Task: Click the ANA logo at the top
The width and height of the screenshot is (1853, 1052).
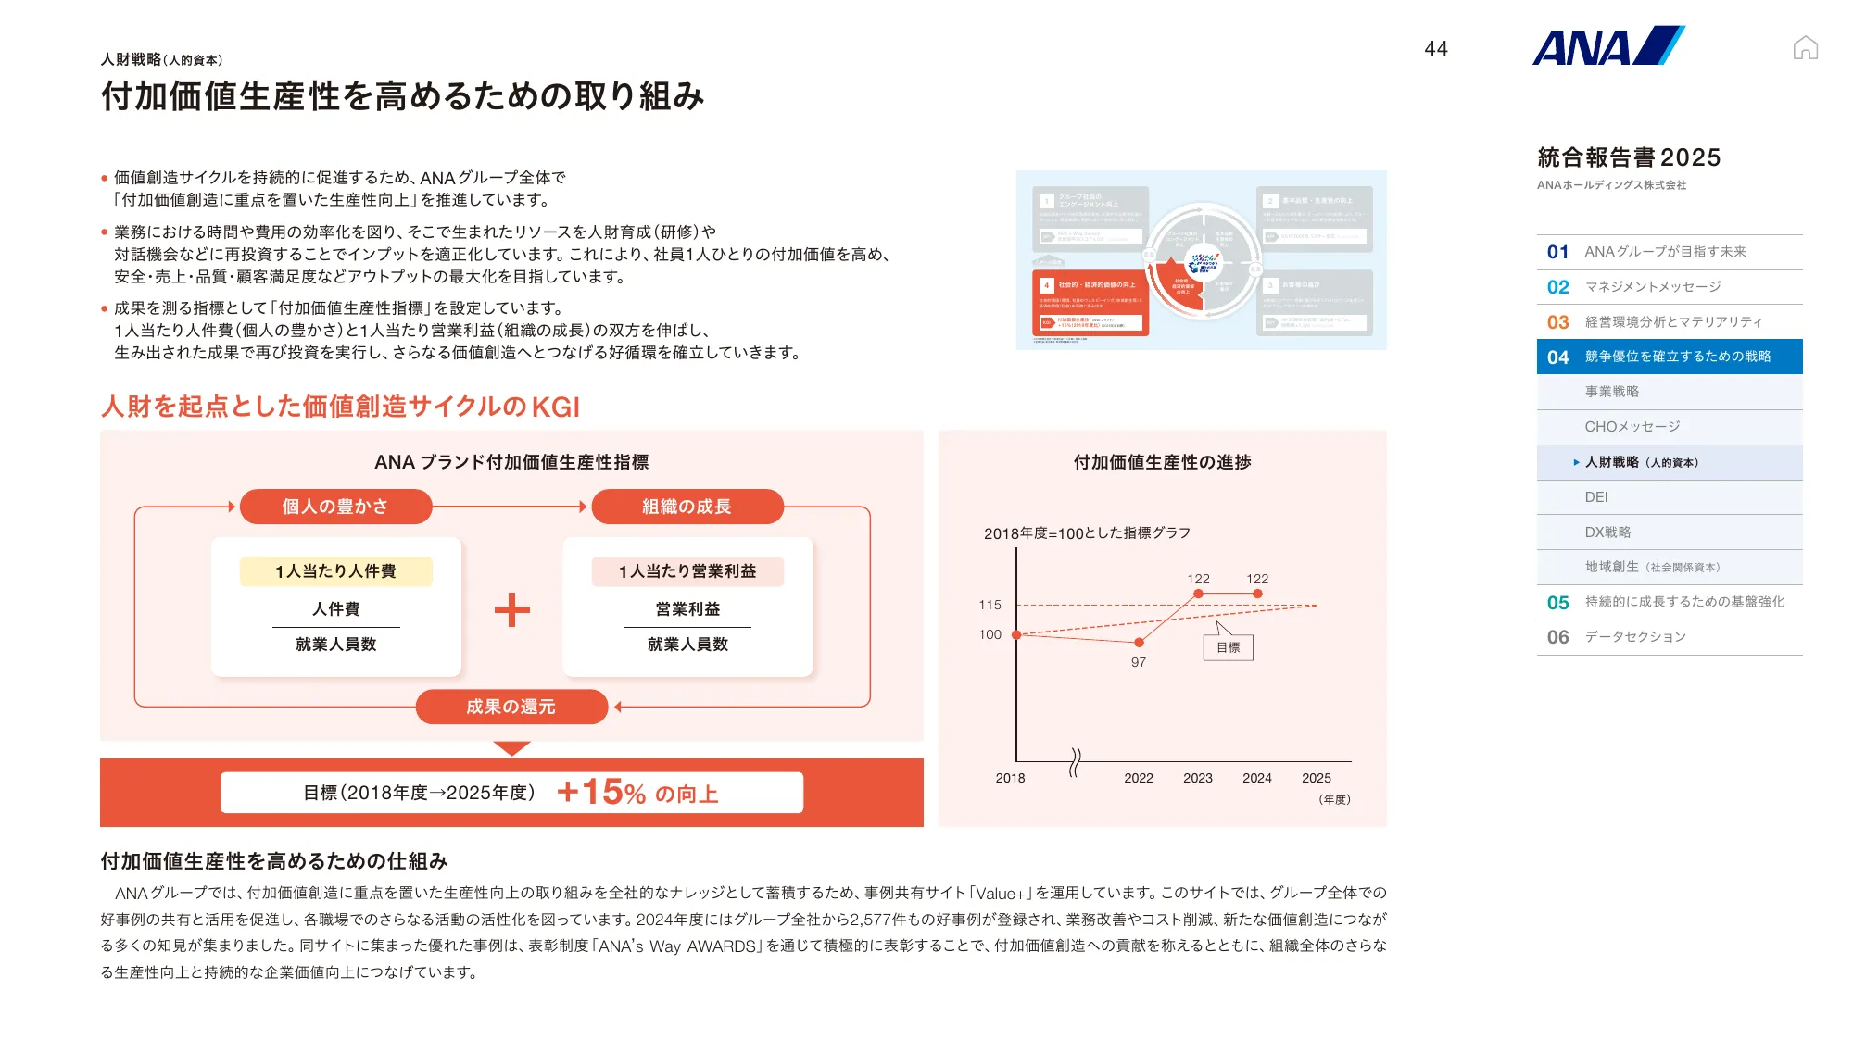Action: click(1607, 46)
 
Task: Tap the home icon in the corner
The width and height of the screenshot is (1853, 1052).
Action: click(1805, 47)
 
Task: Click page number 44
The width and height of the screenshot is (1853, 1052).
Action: click(1436, 49)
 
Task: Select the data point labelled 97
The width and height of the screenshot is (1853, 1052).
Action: click(1139, 643)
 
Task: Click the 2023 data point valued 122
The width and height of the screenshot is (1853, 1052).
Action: click(1198, 594)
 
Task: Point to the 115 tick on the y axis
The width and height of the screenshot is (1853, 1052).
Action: click(990, 605)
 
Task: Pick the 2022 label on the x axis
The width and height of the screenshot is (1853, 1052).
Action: click(1139, 778)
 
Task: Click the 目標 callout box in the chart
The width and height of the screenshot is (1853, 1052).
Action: click(1228, 647)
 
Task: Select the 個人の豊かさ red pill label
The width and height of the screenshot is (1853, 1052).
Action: click(335, 507)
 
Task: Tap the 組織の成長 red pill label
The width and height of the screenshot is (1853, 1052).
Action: click(687, 507)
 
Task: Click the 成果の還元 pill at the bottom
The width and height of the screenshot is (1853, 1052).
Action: click(511, 707)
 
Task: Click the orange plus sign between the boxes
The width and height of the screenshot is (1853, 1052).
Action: click(511, 609)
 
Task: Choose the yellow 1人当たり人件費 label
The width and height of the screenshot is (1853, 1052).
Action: click(335, 571)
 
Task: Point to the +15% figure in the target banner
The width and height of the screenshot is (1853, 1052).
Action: click(602, 793)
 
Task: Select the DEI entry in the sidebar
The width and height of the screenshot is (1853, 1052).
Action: click(1596, 497)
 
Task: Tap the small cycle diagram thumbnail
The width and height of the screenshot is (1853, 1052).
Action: click(1201, 260)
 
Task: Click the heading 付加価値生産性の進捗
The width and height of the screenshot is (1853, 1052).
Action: click(1162, 462)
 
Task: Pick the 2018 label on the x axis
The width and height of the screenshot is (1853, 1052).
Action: click(1010, 778)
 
